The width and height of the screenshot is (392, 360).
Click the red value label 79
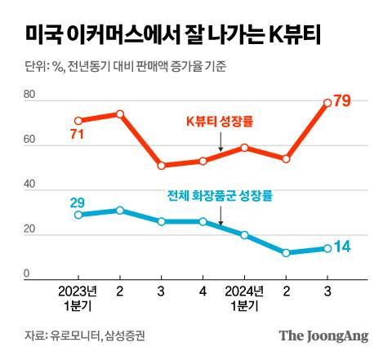coord(343,100)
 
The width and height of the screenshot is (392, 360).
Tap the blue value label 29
coord(78,202)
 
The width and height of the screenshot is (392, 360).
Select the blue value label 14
coord(343,247)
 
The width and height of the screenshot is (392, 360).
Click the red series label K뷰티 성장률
coord(220,123)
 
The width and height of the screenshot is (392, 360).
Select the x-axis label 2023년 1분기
coord(78,298)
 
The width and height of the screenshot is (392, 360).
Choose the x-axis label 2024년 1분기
coord(244,298)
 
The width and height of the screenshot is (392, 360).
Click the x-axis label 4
coord(203,291)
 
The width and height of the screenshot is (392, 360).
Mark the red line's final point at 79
coord(327,103)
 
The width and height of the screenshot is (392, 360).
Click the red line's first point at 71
coord(78,121)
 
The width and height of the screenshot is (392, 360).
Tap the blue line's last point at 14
coord(327,248)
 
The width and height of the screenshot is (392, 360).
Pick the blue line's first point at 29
coord(78,215)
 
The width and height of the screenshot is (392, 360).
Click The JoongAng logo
coord(323,335)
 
